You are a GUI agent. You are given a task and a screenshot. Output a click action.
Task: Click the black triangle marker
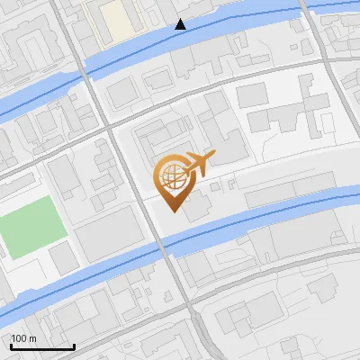point(181,24)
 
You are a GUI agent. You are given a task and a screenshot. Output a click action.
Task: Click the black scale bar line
point(41,346)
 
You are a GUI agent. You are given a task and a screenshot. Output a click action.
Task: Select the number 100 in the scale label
point(19,339)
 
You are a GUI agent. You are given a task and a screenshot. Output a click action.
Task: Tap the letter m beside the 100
point(31,339)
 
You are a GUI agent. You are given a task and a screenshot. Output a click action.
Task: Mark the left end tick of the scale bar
point(11,345)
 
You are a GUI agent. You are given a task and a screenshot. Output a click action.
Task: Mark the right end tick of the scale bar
point(73,345)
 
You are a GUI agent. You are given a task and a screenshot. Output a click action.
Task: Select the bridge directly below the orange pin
point(166,247)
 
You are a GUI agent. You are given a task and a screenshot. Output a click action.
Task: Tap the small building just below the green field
point(63,260)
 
